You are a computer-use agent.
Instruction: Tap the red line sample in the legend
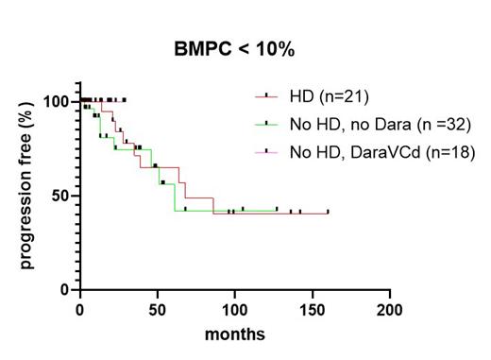(x=267, y=95)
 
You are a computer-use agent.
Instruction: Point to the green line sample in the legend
(x=267, y=124)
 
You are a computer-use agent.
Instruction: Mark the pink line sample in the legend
(x=267, y=151)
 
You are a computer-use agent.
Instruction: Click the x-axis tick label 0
(x=79, y=309)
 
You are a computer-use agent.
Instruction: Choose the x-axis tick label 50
(x=157, y=309)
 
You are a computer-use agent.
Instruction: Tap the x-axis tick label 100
(x=234, y=309)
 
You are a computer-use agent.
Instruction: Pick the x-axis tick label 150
(x=312, y=309)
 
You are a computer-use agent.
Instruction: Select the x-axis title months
(x=234, y=334)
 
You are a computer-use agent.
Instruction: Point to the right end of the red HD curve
(x=328, y=214)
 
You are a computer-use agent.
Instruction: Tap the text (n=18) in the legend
(x=452, y=151)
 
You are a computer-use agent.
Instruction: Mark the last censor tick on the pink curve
(x=124, y=99)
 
